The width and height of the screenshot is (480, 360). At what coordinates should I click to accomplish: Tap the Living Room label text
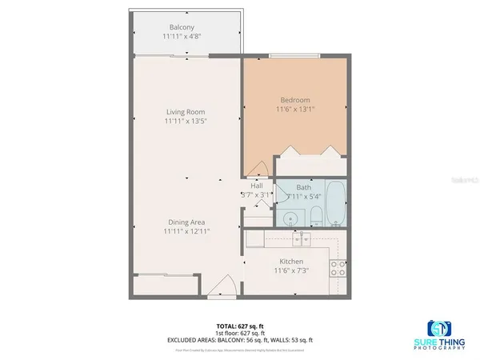(x=186, y=111)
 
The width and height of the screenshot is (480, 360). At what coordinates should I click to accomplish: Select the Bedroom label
(x=295, y=100)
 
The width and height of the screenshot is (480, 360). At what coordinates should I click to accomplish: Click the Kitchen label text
(x=290, y=262)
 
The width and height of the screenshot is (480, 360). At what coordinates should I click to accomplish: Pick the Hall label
(x=257, y=186)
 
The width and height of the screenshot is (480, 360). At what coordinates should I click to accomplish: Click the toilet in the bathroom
(x=316, y=214)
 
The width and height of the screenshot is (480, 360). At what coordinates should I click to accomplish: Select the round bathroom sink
(x=291, y=215)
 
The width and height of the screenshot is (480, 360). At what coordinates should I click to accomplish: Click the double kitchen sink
(x=302, y=238)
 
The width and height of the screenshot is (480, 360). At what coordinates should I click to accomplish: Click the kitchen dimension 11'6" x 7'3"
(x=290, y=270)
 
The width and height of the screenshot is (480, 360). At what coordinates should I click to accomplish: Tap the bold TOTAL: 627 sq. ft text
(x=239, y=326)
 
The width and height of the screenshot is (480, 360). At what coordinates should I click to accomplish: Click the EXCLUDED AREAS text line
(x=239, y=339)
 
